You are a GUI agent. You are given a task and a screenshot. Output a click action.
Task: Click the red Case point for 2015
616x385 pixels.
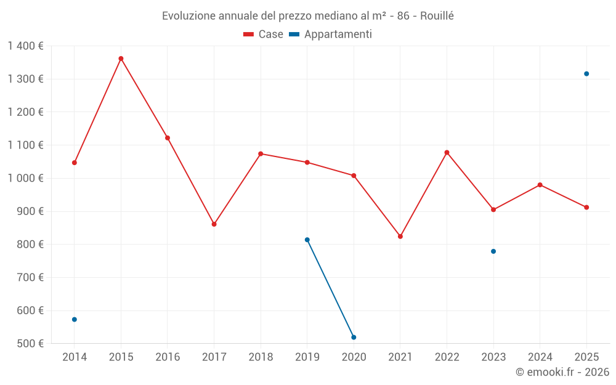(x=121, y=59)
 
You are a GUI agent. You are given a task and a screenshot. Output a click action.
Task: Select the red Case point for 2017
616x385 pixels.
(x=214, y=224)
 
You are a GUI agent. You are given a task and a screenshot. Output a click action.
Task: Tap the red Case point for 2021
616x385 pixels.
(x=400, y=237)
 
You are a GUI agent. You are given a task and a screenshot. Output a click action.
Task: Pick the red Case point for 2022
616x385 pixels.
(x=447, y=152)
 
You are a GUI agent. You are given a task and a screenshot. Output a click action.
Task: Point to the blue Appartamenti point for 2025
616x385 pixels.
(x=586, y=74)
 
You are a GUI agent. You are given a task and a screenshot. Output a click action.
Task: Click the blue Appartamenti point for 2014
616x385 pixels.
(x=75, y=320)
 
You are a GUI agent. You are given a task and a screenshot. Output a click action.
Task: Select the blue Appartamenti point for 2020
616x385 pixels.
(x=354, y=338)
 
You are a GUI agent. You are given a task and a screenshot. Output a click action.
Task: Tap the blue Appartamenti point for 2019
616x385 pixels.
(x=307, y=240)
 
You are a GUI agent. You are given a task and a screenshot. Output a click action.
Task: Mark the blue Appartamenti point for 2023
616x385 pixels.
(x=493, y=251)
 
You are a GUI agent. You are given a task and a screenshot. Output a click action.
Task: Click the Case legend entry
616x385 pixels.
(x=264, y=34)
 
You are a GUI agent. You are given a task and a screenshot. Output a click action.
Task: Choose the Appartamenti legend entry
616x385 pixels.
(x=331, y=34)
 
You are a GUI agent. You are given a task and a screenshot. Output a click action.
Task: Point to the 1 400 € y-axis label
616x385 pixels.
(x=25, y=46)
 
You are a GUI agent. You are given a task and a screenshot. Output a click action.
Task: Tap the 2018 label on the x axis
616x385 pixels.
(x=261, y=357)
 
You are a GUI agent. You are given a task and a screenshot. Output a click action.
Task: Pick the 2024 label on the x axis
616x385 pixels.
(x=540, y=357)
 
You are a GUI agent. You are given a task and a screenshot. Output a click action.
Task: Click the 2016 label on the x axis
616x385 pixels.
(x=168, y=357)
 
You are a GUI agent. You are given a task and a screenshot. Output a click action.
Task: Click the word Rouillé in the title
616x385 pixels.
(x=437, y=15)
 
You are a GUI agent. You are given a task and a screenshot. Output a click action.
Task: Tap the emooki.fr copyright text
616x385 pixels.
(x=562, y=372)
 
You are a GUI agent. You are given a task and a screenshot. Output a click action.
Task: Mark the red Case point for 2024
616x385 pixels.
(x=540, y=185)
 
